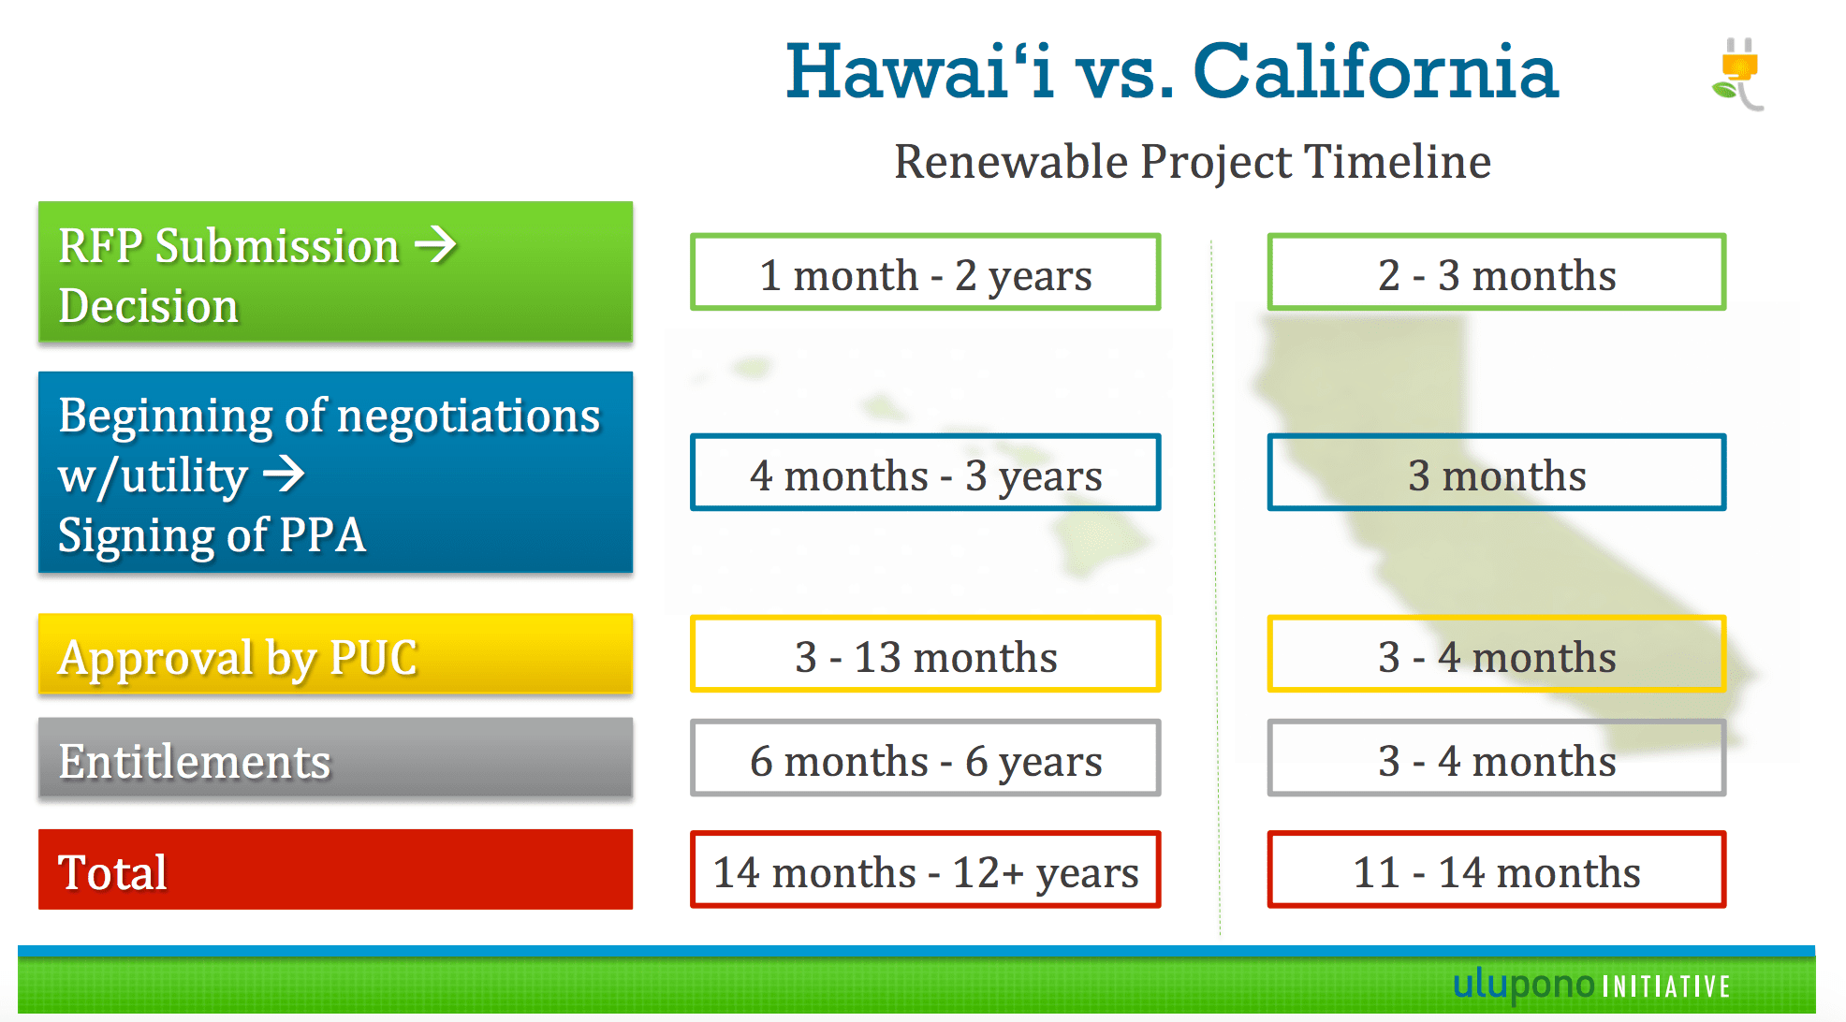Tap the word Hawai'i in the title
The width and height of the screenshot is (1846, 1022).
[919, 72]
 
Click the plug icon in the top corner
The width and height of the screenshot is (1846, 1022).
[1739, 73]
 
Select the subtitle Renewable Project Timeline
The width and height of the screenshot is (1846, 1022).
[1192, 162]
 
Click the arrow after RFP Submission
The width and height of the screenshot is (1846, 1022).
[435, 245]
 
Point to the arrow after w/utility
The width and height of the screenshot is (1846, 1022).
[284, 474]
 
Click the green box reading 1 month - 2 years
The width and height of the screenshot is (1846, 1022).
[925, 273]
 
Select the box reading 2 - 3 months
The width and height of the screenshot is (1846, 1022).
[1496, 273]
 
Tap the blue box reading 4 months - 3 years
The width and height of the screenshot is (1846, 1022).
[925, 474]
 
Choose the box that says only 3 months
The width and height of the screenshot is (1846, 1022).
[1496, 474]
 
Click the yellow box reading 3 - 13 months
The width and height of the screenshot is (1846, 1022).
[925, 655]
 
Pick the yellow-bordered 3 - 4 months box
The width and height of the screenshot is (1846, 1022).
[1496, 655]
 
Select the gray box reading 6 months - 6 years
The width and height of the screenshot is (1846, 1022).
[925, 759]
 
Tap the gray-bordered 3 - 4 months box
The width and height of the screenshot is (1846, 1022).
[1496, 759]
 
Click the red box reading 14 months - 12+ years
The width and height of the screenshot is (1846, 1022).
[925, 870]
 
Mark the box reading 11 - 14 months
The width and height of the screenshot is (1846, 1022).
[1496, 870]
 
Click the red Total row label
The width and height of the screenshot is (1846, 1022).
[335, 870]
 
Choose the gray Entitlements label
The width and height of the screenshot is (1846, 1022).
[335, 759]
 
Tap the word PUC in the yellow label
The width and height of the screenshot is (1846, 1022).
[373, 657]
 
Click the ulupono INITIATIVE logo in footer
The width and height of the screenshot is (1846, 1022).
[1590, 985]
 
